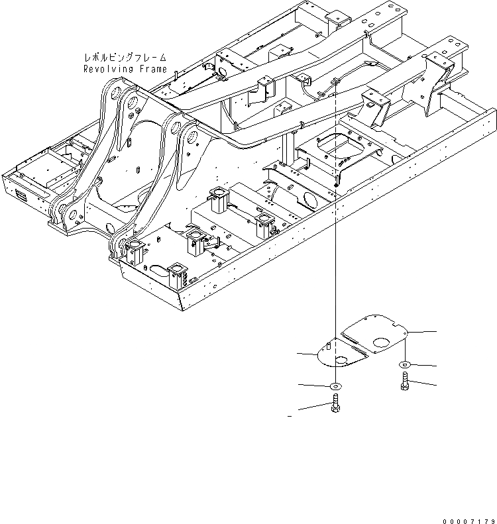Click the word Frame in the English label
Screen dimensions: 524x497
(x=151, y=68)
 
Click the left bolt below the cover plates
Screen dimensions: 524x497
(x=335, y=405)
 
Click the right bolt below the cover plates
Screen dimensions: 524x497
(x=404, y=383)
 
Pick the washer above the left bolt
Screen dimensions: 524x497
(x=335, y=386)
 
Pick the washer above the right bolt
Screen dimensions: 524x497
(x=404, y=366)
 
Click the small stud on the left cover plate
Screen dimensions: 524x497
(x=330, y=345)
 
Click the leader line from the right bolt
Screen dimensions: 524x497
(x=423, y=384)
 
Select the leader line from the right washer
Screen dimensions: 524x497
(x=423, y=366)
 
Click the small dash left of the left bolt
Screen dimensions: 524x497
(x=290, y=416)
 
